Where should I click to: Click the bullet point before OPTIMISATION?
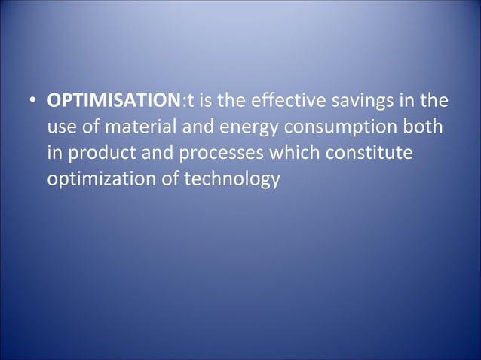point(34,101)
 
